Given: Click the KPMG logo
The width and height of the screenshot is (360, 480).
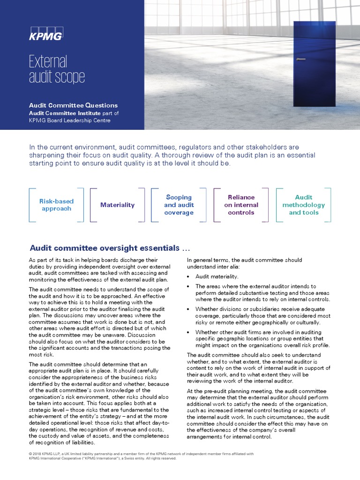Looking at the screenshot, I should pyautogui.click(x=45, y=34).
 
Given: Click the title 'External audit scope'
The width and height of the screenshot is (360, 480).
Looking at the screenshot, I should pyautogui.click(x=57, y=69).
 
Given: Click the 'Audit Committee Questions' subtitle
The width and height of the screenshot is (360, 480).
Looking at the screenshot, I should pyautogui.click(x=73, y=105).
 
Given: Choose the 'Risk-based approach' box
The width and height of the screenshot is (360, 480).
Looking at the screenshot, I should pyautogui.click(x=56, y=205).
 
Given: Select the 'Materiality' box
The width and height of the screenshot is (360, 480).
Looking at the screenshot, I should pyautogui.click(x=117, y=205).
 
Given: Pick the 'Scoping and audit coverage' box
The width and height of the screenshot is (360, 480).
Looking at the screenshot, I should pyautogui.click(x=179, y=205).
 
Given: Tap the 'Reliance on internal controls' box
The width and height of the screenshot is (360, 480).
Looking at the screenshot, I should pyautogui.click(x=241, y=205).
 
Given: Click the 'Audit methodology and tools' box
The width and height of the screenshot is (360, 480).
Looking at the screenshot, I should pyautogui.click(x=303, y=205).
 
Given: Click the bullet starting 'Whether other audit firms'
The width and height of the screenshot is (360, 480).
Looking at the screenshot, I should pyautogui.click(x=265, y=338).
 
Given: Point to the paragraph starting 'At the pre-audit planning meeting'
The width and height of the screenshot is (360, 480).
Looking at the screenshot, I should pyautogui.click(x=263, y=414).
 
